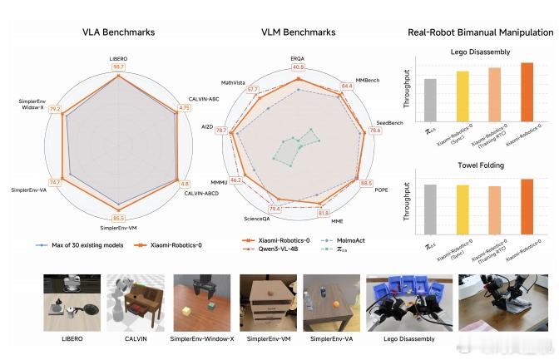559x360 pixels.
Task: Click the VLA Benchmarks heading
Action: (118, 32)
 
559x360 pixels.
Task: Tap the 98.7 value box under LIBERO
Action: (118, 66)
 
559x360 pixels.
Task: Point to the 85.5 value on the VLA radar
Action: (118, 218)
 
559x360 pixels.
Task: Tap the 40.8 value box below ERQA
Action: (298, 67)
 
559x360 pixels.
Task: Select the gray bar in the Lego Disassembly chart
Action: (430, 99)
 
